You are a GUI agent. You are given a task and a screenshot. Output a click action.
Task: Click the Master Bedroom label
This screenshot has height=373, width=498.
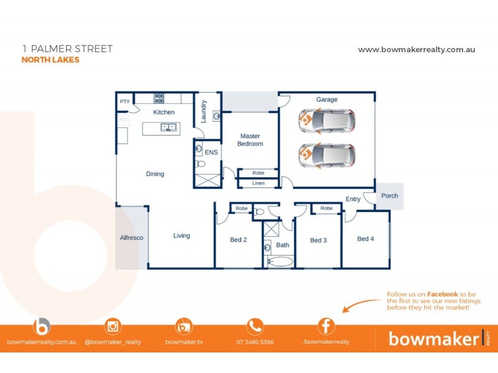pos(250,140)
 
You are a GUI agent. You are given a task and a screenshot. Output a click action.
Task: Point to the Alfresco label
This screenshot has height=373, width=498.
pos(131,237)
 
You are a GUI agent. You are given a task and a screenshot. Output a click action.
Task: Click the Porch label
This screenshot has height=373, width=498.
pos(390,196)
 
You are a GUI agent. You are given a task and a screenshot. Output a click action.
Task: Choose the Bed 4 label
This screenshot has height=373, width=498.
pos(365,239)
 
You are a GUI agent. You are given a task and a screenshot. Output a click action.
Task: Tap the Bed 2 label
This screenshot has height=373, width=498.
pos(238,240)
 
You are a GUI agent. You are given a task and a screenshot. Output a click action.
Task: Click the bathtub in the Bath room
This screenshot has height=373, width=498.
pos(280,262)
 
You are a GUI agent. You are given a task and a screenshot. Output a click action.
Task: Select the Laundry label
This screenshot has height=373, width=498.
pos(203,111)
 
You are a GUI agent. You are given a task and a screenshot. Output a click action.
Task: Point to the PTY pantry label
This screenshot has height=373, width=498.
pos(125,101)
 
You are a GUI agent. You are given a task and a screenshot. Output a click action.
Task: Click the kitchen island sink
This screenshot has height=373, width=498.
pos(168,128)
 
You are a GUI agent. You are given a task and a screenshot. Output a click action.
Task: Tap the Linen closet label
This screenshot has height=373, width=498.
pos(258,183)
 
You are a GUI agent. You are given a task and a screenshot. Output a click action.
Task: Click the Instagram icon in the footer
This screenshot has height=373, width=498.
pos(113,326)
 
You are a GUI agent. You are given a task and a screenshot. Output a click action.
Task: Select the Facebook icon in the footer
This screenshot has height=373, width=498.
pos(326,326)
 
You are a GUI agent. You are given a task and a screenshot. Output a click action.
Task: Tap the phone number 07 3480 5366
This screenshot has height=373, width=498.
pos(255,342)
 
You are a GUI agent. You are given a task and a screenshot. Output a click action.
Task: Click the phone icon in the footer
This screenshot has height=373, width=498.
pos(255,326)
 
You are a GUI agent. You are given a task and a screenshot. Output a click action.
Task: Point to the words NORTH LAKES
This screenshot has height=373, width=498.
pos(50,60)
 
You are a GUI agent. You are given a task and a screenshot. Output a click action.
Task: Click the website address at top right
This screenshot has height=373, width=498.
pos(416,50)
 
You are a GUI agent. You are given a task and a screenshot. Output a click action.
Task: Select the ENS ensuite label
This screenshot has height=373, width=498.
pos(211,152)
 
